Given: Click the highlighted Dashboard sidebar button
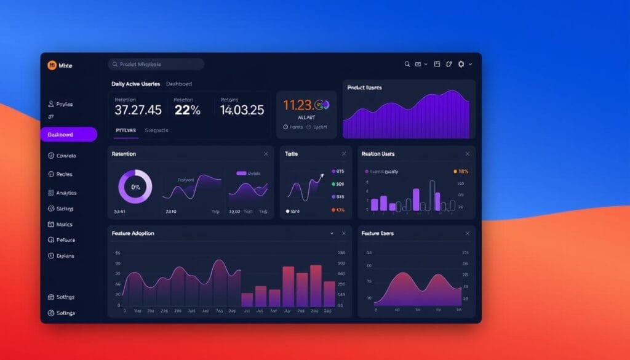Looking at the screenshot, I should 68,135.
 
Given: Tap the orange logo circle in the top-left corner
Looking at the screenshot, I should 52,65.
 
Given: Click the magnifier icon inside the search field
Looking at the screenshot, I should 114,64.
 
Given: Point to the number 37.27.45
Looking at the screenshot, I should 138,110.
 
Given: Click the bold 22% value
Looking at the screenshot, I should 187,110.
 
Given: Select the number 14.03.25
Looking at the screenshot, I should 242,110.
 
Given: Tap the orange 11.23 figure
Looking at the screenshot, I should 298,105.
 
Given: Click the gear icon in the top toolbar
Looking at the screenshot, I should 461,64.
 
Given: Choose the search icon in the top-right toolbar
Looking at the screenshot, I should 407,64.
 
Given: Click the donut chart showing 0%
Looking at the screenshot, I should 135,187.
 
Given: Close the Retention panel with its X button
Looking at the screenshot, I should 266,154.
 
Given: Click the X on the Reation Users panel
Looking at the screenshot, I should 468,154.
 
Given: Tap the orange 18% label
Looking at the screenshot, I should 461,172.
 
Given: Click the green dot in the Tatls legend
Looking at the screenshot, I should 333,184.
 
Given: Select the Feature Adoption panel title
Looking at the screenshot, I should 133,234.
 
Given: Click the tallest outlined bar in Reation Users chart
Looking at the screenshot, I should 433,196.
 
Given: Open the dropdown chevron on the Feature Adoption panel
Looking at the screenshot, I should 332,234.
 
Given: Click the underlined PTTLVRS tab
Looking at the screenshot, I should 126,130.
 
